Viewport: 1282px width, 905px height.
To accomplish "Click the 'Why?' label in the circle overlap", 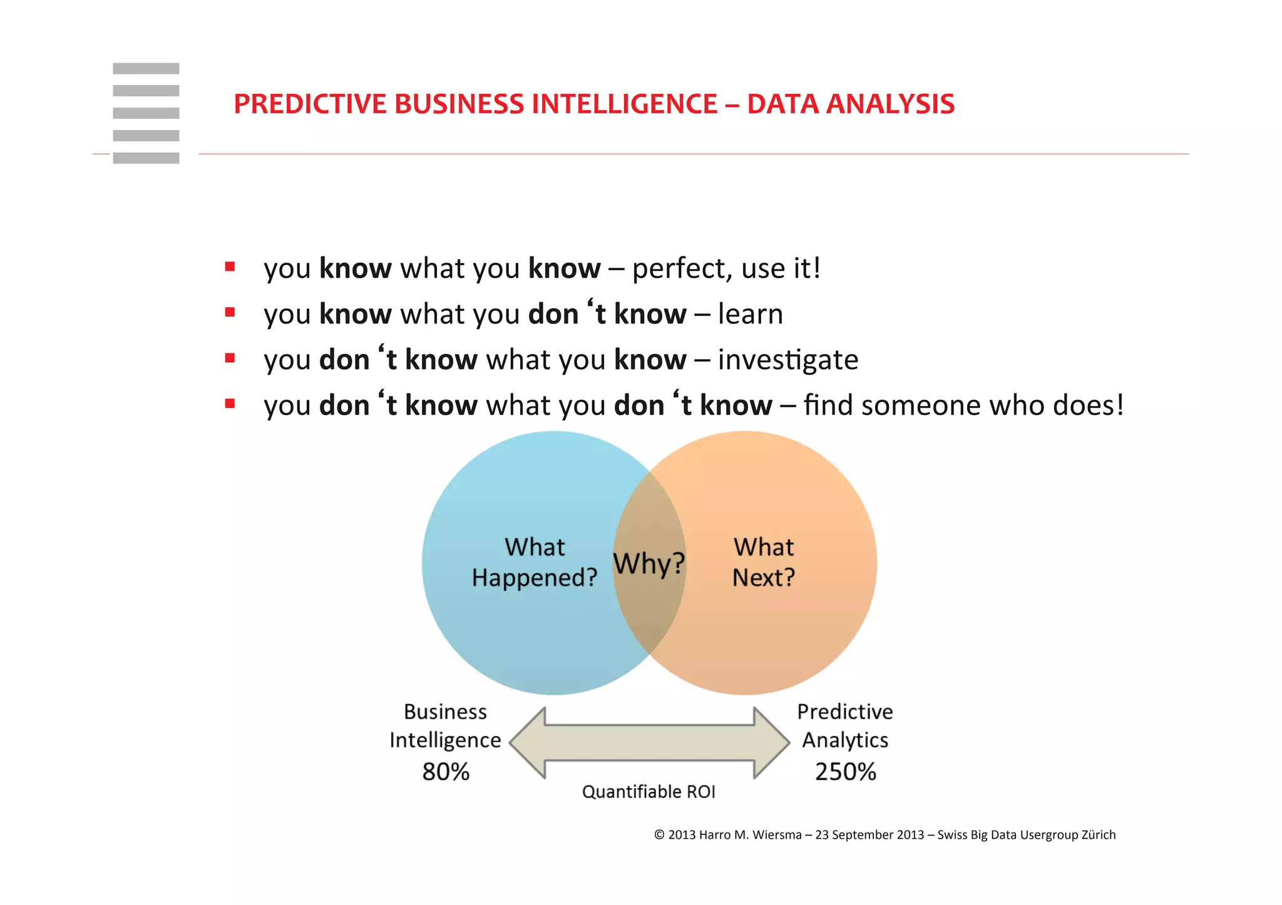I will (x=649, y=563).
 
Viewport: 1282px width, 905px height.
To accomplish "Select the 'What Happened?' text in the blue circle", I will (x=535, y=562).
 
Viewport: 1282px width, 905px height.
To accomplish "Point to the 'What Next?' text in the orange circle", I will (x=764, y=562).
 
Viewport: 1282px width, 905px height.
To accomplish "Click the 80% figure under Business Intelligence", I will (x=446, y=772).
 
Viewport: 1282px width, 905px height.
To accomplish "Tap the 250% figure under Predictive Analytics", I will (x=845, y=772).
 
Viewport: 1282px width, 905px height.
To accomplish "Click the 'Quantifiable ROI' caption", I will (x=649, y=792).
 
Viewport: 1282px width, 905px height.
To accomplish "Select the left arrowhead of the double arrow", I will (x=527, y=743).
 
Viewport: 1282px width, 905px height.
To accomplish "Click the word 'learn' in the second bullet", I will (x=750, y=314).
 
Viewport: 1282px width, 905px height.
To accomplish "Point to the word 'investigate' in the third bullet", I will (x=787, y=360).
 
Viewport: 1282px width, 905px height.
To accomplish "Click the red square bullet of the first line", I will (x=230, y=267).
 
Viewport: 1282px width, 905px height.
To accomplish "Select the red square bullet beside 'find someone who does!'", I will (x=230, y=404).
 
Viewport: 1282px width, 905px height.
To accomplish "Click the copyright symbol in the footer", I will (x=659, y=835).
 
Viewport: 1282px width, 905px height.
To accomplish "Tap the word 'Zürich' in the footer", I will (x=1099, y=835).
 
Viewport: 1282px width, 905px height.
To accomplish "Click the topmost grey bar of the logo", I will (x=146, y=69).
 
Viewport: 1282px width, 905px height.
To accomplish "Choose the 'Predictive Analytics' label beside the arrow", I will (x=845, y=726).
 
